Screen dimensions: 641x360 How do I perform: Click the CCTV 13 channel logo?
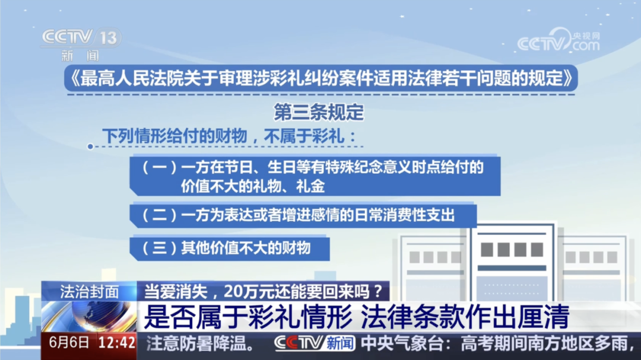81,37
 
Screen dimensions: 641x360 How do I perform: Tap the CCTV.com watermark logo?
559,40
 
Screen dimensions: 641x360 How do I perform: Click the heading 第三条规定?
319,112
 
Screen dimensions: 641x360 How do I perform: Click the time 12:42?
117,342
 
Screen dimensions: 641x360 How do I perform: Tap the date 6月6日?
69,342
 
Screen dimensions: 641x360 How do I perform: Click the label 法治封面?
89,292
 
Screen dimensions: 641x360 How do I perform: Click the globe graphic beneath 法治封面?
89,317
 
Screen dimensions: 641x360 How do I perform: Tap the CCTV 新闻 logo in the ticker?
315,343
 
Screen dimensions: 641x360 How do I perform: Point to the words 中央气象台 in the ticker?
402,343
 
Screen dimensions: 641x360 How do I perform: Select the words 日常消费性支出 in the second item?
405,215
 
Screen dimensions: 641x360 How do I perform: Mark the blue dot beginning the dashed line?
90,146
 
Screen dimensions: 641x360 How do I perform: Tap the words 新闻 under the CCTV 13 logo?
81,55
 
